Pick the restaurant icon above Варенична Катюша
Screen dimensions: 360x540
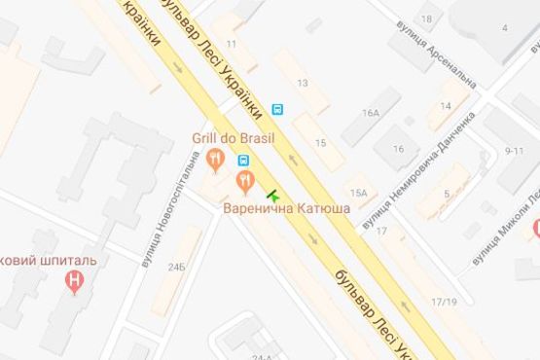coord(245,180)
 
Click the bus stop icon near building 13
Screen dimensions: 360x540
coord(279,109)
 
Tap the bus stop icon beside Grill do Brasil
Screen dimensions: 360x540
coord(243,161)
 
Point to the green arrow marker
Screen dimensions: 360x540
coord(271,194)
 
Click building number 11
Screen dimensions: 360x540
coord(232,44)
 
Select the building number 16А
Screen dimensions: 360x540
coord(371,113)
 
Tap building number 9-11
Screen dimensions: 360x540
coord(514,150)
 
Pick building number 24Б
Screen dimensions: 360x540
coord(175,266)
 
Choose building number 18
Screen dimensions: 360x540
coord(426,18)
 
